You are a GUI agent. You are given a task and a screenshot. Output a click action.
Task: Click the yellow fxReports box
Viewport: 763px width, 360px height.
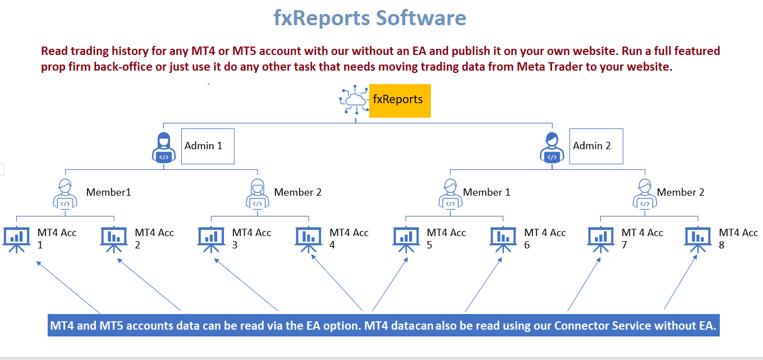pos(399,101)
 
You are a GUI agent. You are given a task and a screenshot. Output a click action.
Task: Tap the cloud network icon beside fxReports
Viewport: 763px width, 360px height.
pos(354,99)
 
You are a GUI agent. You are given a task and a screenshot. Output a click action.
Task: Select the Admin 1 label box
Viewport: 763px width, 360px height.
pos(208,146)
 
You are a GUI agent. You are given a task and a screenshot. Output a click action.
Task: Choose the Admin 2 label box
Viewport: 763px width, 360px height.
pos(596,146)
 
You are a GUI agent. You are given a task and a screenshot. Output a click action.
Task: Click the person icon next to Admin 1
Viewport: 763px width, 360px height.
pos(164,147)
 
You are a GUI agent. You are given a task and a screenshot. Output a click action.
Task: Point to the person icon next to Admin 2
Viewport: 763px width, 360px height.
pos(552,147)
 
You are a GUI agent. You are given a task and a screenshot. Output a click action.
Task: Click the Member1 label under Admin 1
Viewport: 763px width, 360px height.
pos(108,192)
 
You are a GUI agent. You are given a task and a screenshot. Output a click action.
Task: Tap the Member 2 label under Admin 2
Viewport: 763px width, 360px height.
pos(680,192)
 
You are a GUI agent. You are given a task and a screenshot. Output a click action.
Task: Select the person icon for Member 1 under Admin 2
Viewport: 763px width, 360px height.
pos(451,193)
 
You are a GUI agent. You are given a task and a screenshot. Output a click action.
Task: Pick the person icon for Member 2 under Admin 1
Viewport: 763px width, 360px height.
pos(258,193)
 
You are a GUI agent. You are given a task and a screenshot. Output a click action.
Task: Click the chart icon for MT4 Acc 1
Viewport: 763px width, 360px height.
pos(16,239)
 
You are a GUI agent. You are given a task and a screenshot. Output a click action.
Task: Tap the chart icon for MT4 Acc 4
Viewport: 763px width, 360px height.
pos(308,239)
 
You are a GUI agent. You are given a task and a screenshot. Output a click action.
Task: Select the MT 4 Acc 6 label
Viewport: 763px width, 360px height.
pos(545,238)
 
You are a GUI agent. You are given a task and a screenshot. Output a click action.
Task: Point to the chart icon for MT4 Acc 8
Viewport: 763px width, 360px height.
pos(697,239)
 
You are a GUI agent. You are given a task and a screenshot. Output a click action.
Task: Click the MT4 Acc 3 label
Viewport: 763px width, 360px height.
pos(251,238)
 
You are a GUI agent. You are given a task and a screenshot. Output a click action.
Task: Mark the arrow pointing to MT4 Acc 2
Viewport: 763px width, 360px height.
pos(149,284)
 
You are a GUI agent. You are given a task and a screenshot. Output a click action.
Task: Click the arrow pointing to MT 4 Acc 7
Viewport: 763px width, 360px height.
pos(584,284)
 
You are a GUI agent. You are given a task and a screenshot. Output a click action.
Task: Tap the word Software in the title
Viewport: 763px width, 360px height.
pos(421,18)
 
